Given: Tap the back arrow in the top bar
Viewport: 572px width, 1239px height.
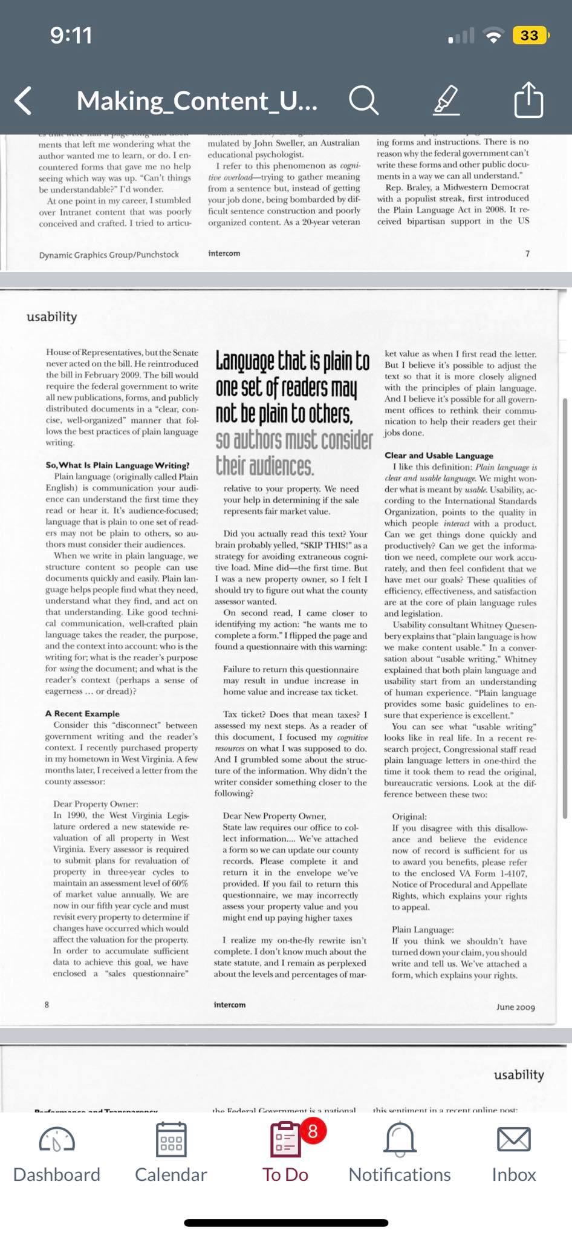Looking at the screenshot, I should click(23, 100).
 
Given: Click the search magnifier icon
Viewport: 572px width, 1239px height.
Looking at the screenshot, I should click(363, 100).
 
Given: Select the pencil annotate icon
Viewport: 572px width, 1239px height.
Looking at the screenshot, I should click(446, 100).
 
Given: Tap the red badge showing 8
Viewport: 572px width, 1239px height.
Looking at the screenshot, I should click(313, 1130).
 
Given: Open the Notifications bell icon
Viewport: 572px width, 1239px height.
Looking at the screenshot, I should click(400, 1140).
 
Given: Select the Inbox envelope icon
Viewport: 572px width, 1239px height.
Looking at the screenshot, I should click(513, 1140).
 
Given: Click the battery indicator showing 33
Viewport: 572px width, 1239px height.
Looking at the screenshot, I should click(530, 36).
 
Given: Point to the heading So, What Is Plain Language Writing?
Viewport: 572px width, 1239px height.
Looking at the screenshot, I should click(117, 465).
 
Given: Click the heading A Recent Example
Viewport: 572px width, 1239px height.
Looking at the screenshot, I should click(82, 714).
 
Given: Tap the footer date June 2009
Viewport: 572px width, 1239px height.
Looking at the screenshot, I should click(515, 1007).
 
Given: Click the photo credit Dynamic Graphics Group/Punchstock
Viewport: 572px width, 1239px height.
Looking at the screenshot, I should click(109, 255).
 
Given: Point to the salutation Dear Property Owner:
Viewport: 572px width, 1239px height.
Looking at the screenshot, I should click(96, 804).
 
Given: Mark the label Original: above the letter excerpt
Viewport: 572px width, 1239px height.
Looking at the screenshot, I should click(409, 817).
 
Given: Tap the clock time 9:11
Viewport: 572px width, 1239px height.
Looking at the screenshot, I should click(71, 36).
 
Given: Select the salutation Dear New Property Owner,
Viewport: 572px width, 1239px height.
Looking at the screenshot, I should click(274, 816).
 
